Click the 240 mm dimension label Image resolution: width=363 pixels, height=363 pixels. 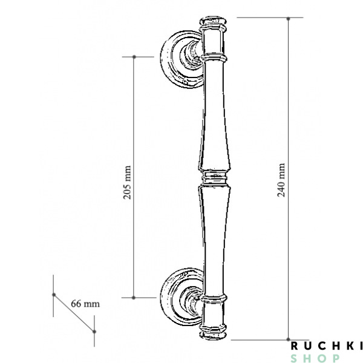(x=280, y=179)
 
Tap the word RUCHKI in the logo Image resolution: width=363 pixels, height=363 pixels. (x=325, y=346)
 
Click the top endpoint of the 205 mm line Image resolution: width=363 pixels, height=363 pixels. (x=134, y=57)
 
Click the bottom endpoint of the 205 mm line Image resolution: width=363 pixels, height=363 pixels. (x=134, y=298)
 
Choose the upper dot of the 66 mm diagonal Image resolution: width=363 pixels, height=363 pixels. (x=54, y=295)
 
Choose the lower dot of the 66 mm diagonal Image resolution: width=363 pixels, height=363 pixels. (x=94, y=331)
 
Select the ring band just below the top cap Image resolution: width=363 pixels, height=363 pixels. (x=215, y=57)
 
